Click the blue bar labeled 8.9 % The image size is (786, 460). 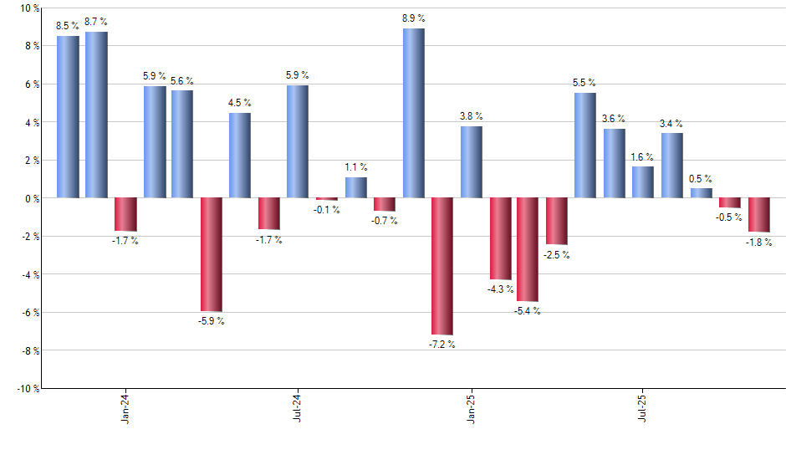413,113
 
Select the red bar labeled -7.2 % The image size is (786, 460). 441,266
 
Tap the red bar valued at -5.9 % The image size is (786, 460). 212,254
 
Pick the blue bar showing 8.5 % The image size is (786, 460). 68,117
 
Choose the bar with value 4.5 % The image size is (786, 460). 240,156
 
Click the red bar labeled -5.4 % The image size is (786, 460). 528,249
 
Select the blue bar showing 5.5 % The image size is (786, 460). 585,146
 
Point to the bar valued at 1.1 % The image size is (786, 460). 355,187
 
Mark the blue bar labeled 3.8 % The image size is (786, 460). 471,162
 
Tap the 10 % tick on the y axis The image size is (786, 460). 29,8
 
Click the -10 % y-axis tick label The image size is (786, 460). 27,388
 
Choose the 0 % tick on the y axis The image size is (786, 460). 32,198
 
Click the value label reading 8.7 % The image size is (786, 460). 97,21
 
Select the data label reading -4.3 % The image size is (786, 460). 499,289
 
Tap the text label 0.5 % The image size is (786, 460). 701,178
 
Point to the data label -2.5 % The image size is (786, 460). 557,255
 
